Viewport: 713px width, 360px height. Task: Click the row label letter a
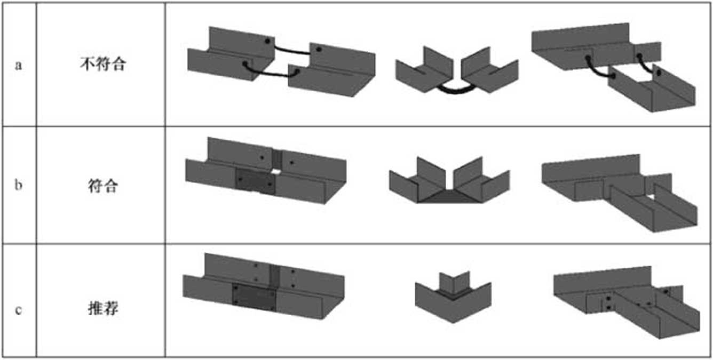click(19, 65)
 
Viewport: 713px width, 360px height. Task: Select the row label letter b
click(19, 185)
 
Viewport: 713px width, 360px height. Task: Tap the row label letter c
click(19, 310)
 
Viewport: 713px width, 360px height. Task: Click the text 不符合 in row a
click(103, 63)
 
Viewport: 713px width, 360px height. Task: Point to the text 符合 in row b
click(103, 186)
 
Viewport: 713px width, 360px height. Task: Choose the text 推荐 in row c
click(103, 308)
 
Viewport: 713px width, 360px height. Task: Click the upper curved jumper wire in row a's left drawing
click(292, 51)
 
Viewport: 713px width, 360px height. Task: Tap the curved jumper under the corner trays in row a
click(456, 91)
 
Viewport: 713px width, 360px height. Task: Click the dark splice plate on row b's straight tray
click(256, 181)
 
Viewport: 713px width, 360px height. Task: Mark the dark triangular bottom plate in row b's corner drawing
click(449, 197)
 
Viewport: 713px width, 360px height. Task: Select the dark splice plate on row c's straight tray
click(253, 298)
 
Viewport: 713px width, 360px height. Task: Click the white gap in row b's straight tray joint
click(276, 172)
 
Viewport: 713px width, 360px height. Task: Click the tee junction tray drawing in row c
click(627, 302)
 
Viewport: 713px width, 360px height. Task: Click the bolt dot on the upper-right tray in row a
click(319, 49)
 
